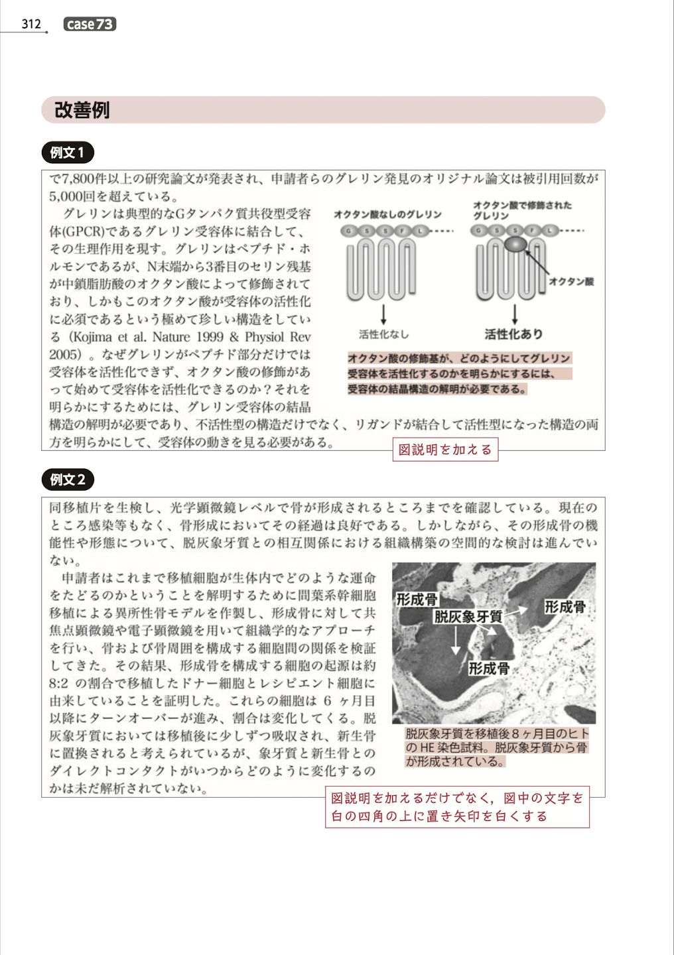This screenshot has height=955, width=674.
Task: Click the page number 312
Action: click(31, 24)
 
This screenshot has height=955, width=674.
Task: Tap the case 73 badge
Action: click(90, 25)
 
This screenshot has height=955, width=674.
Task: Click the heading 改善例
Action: click(82, 110)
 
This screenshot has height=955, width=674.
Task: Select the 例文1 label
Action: click(68, 153)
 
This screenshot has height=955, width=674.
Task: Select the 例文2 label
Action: click(68, 479)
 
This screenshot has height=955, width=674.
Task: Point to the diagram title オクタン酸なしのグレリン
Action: click(387, 214)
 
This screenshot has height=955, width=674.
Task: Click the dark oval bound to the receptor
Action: click(515, 244)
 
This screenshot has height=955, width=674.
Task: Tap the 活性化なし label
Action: click(384, 334)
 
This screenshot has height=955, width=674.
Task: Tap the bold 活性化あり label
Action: click(513, 334)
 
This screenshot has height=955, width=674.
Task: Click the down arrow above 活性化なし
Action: click(383, 314)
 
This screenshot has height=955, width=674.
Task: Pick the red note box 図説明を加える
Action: click(445, 450)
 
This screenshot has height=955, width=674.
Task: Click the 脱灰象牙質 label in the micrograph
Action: click(468, 617)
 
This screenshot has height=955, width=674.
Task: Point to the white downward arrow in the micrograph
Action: click(456, 641)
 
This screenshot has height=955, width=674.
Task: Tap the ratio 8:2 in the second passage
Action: click(59, 683)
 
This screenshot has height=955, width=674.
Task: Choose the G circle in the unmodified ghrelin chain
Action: click(348, 231)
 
